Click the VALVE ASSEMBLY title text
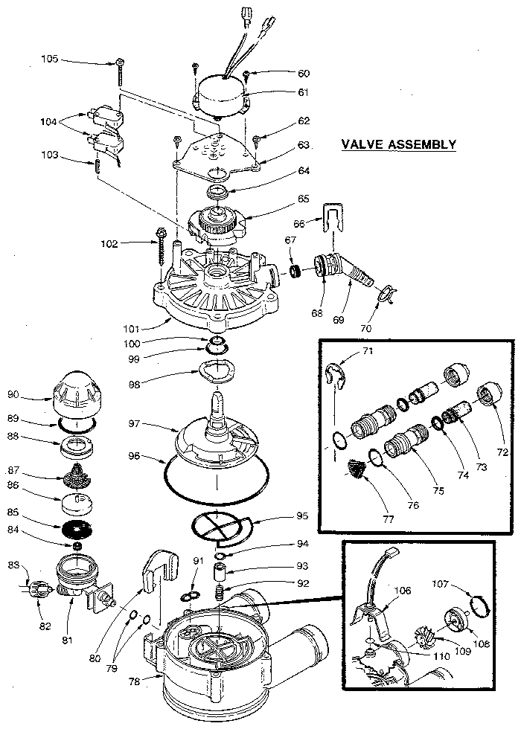(398, 144)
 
